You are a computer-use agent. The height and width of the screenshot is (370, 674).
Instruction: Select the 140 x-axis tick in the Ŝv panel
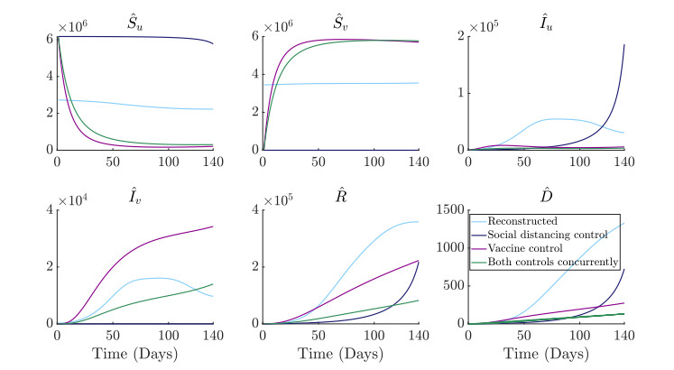[x=418, y=161]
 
